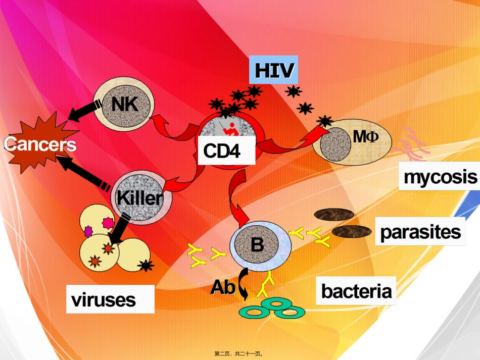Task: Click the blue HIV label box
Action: tap(273, 70)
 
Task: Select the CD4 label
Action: tap(226, 150)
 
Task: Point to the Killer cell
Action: tap(141, 197)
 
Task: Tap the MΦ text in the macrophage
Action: tap(366, 136)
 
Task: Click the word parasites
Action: tap(420, 232)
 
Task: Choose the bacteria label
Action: tap(356, 291)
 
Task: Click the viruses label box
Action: tap(104, 299)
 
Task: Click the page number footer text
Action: tap(240, 354)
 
